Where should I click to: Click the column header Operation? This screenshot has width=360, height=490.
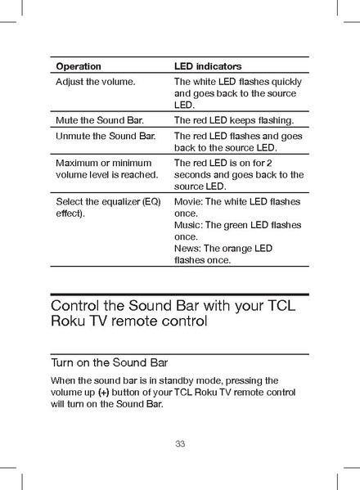(x=79, y=65)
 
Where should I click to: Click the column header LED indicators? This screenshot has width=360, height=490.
(x=208, y=65)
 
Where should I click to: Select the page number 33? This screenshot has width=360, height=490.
(x=180, y=444)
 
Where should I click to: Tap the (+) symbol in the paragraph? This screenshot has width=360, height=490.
(x=103, y=393)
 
